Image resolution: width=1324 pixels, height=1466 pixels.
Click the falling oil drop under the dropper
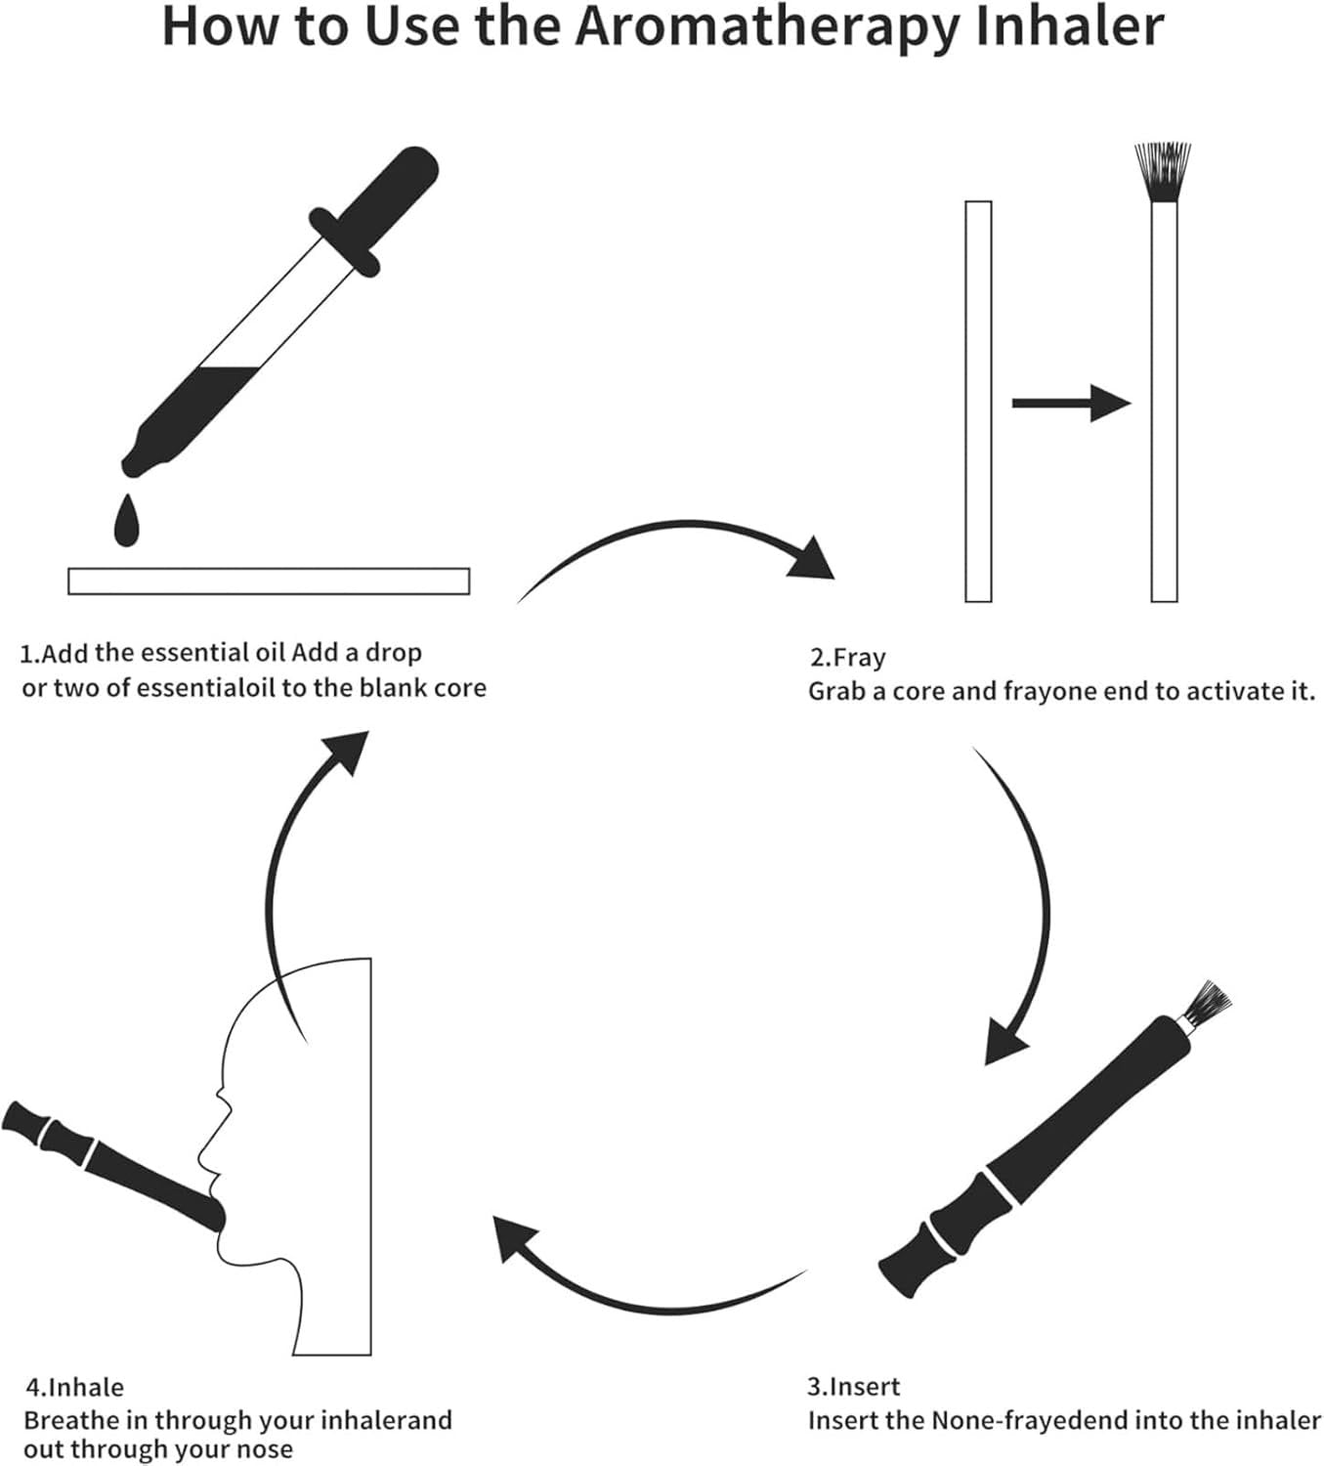click(126, 522)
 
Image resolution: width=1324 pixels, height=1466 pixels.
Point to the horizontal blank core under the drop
click(269, 581)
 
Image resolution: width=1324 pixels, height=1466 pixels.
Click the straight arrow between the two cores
click(1070, 402)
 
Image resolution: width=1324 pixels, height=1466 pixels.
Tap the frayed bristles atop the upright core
click(1163, 172)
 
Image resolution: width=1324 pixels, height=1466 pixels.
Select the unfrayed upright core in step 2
click(978, 401)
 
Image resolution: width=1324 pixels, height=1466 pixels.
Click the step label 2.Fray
click(847, 658)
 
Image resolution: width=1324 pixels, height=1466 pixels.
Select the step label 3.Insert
click(853, 1386)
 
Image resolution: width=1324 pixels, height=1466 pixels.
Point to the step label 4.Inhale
click(74, 1387)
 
